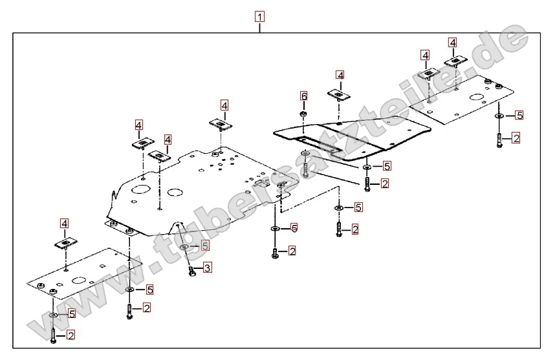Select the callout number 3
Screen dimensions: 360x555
point(207,268)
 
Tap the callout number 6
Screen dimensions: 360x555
point(303,96)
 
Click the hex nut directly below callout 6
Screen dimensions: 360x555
point(303,114)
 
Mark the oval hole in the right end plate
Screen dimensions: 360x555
point(478,98)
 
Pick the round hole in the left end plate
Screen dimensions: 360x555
point(78,280)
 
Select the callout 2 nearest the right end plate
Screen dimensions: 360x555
point(516,138)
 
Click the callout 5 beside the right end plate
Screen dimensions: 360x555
point(519,116)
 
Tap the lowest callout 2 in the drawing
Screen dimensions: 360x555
point(71,335)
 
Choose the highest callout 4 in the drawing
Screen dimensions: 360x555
point(452,42)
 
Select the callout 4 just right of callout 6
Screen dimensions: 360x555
point(340,75)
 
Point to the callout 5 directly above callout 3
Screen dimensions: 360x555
point(205,246)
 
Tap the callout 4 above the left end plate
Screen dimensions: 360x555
point(65,224)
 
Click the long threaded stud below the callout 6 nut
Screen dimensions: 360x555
point(304,165)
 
